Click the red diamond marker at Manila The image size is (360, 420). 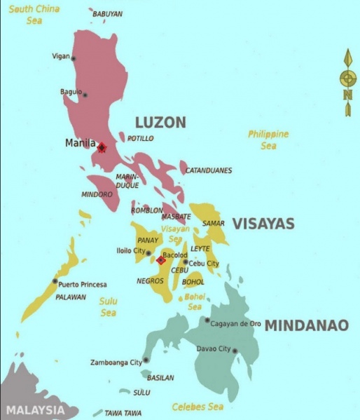(x=102, y=147)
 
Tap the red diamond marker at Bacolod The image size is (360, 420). (x=160, y=260)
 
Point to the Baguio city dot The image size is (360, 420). (x=85, y=95)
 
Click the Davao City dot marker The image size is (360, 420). (x=235, y=351)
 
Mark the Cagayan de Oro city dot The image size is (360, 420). (x=207, y=320)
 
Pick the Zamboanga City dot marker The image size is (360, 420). (x=146, y=361)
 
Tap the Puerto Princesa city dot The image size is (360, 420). (x=55, y=281)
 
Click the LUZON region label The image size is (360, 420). (x=160, y=123)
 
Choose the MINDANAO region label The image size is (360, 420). (x=306, y=325)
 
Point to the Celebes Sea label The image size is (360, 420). (x=198, y=407)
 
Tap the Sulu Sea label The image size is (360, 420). (x=108, y=307)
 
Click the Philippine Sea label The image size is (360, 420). (x=268, y=140)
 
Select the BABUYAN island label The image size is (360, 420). (x=107, y=13)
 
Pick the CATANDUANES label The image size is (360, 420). (x=209, y=170)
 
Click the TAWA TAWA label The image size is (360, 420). (x=123, y=413)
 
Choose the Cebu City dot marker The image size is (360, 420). (x=186, y=262)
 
